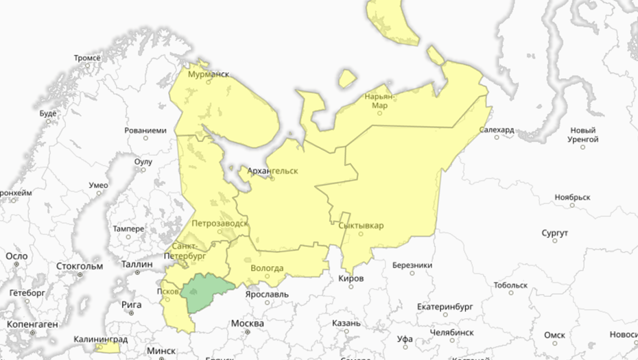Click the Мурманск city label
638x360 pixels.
209,73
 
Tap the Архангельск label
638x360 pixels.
273,171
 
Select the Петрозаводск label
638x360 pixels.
218,223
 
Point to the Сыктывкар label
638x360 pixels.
362,226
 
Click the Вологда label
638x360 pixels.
268,268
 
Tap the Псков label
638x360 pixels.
169,291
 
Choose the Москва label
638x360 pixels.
247,323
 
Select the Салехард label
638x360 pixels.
497,130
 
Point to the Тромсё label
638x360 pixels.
87,58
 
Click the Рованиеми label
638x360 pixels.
145,130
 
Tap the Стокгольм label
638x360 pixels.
80,266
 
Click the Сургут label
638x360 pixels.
554,234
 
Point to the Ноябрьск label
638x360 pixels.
572,197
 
